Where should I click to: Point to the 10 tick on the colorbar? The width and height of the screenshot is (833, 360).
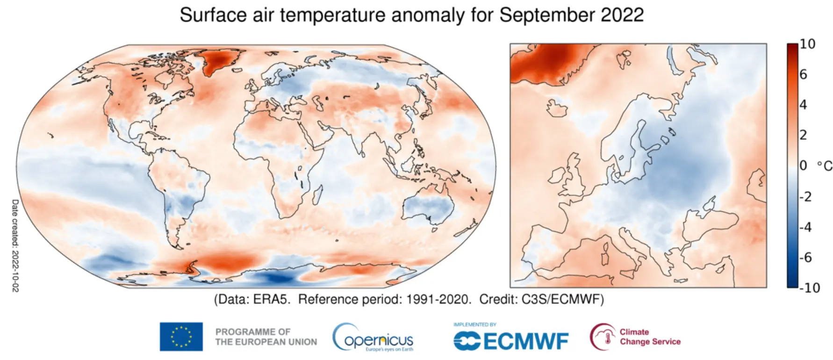coord(807,44)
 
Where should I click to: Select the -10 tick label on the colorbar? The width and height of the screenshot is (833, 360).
coord(810,288)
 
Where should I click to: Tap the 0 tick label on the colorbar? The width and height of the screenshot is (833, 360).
coord(803,166)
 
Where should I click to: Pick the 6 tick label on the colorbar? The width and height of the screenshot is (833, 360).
coord(803,74)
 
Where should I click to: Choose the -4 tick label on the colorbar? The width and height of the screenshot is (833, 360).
coord(805,227)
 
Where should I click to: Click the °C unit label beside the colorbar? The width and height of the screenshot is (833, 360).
coord(824,166)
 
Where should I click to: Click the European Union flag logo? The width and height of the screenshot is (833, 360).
coord(181,337)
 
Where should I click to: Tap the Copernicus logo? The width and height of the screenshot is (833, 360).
coord(373,338)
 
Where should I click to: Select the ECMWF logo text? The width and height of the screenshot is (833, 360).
coord(511,341)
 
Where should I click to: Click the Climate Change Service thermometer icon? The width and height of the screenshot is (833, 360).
coord(603,337)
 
